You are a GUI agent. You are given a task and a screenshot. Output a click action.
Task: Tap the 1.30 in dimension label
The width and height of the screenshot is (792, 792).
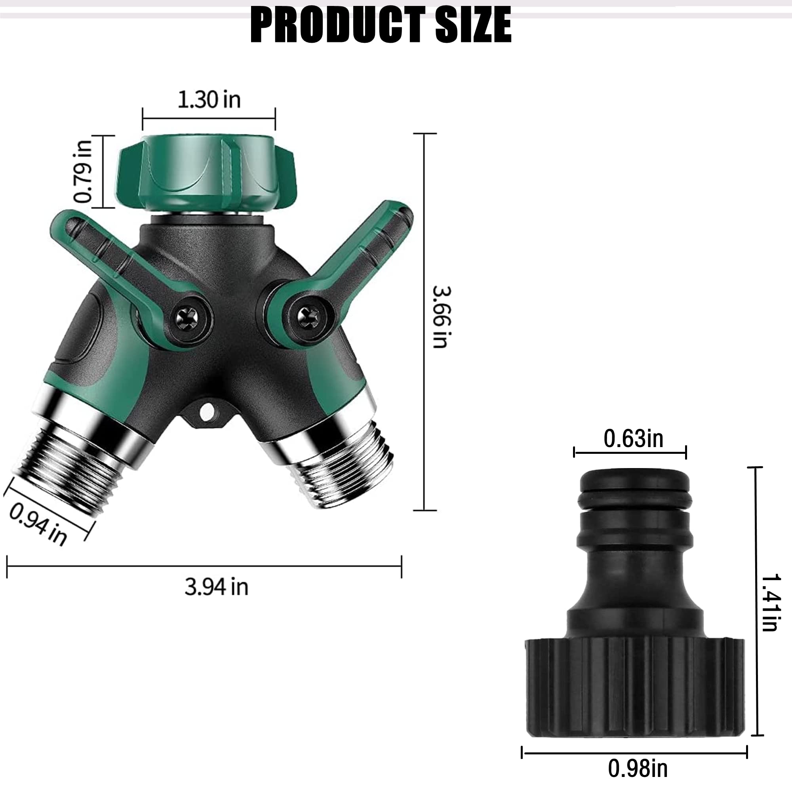209,100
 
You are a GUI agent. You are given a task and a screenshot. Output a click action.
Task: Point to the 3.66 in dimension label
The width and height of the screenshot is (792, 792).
442,317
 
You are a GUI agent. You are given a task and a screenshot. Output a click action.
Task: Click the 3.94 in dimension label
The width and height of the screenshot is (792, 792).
217,586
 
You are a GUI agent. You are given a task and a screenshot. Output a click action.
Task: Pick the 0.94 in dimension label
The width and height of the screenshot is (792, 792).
38,524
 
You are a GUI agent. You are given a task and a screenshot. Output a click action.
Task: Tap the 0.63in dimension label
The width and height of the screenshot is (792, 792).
633,439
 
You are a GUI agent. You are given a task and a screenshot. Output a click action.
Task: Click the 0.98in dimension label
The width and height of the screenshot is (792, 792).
638,768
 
